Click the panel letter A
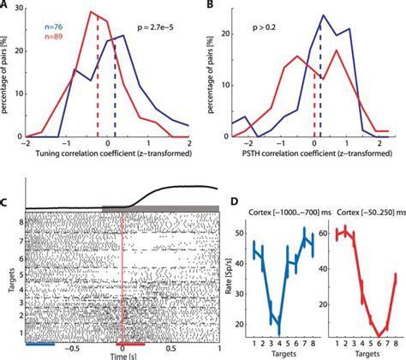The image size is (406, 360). pos(6,6)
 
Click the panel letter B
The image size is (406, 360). pos(211,6)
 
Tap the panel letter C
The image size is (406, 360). pos(6,203)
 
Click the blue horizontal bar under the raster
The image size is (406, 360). pos(40,343)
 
